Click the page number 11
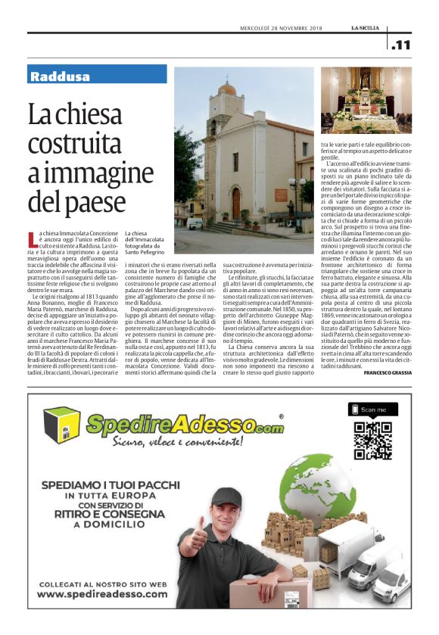point(403,45)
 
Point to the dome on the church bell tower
point(226,89)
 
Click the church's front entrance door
point(237,203)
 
